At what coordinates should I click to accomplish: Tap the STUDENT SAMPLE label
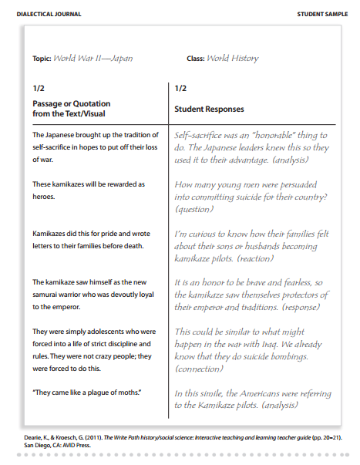click(x=323, y=15)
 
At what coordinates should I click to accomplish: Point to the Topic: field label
click(x=42, y=59)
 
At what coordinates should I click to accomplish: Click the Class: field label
click(x=196, y=59)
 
